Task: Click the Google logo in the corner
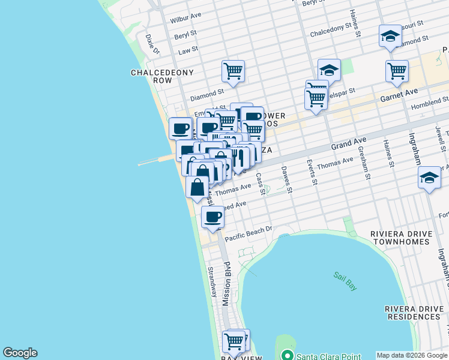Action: pyautogui.click(x=20, y=353)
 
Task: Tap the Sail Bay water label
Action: pyautogui.click(x=345, y=281)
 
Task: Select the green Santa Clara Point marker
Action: pyautogui.click(x=288, y=356)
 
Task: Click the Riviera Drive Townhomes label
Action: pyautogui.click(x=400, y=238)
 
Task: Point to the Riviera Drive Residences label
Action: pyautogui.click(x=417, y=312)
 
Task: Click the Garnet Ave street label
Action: pyautogui.click(x=399, y=94)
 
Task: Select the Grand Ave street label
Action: pyautogui.click(x=348, y=144)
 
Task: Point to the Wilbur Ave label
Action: pyautogui.click(x=185, y=19)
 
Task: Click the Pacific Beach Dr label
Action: pyautogui.click(x=248, y=232)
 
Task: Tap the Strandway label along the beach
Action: pyautogui.click(x=212, y=282)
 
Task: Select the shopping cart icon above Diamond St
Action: pyautogui.click(x=233, y=71)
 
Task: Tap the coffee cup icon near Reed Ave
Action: pyautogui.click(x=212, y=217)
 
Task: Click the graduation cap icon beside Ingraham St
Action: pyautogui.click(x=429, y=178)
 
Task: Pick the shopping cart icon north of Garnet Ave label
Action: pyautogui.click(x=397, y=70)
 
